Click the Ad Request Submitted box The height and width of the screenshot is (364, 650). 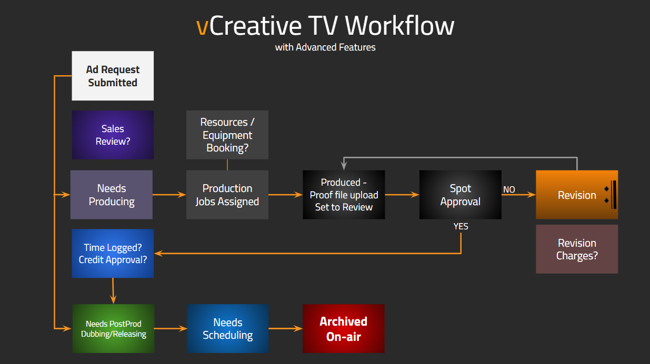pyautogui.click(x=113, y=76)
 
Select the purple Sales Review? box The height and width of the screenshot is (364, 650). pyautogui.click(x=113, y=135)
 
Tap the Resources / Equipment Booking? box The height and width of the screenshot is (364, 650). pyautogui.click(x=227, y=135)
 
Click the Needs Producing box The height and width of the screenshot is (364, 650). pyautogui.click(x=112, y=195)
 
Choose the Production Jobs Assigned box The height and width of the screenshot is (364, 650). pyautogui.click(x=227, y=195)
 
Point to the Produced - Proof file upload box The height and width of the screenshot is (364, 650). pyautogui.click(x=344, y=195)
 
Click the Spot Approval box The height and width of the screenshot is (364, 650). pyautogui.click(x=460, y=195)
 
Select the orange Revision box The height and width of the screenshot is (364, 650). pyautogui.click(x=577, y=195)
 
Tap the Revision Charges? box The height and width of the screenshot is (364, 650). pyautogui.click(x=577, y=249)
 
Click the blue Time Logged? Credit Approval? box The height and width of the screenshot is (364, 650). pyautogui.click(x=113, y=254)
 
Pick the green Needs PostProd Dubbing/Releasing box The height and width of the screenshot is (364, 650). pyautogui.click(x=113, y=328)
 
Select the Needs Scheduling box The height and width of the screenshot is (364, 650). pyautogui.click(x=228, y=328)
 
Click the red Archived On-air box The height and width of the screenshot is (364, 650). pyautogui.click(x=344, y=328)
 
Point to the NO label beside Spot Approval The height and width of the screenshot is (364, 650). pyautogui.click(x=509, y=189)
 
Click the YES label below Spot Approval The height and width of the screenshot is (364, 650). pyautogui.click(x=461, y=226)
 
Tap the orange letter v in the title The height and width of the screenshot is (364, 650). pyautogui.click(x=202, y=27)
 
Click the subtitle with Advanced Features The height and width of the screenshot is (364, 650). pyautogui.click(x=325, y=47)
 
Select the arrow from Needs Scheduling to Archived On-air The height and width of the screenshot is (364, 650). pyautogui.click(x=286, y=328)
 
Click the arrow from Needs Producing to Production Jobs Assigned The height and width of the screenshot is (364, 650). pyautogui.click(x=169, y=195)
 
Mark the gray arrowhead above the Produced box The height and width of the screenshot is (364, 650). pyautogui.click(x=344, y=166)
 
